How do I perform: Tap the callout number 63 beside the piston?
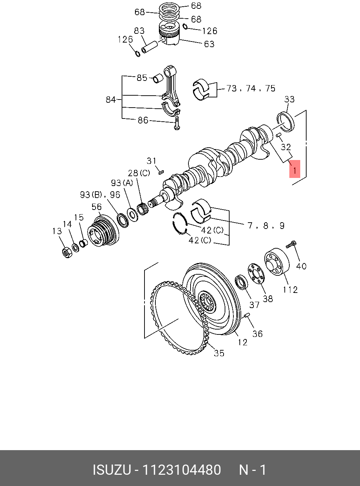pos(209,44)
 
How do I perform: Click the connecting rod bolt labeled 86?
pos(177,124)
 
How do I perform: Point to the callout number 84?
pos(111,100)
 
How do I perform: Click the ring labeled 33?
pos(287,122)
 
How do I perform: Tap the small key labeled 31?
pos(161,172)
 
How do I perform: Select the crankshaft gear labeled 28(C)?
pos(143,209)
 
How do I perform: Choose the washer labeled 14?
pos(75,247)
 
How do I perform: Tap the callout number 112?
pos(290,289)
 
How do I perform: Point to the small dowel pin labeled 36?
pos(247,315)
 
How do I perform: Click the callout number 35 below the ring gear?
pos(219,353)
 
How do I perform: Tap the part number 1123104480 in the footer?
pos(181,470)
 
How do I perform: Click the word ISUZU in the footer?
pos(111,470)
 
